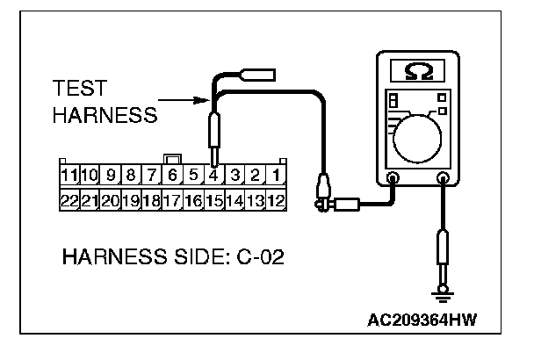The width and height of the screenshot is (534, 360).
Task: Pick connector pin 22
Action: pyautogui.click(x=69, y=201)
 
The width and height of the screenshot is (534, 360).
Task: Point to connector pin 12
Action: pyautogui.click(x=275, y=201)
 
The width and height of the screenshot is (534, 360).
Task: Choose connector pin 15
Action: pyautogui.click(x=213, y=201)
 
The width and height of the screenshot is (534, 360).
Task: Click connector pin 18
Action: pyautogui.click(x=151, y=201)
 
